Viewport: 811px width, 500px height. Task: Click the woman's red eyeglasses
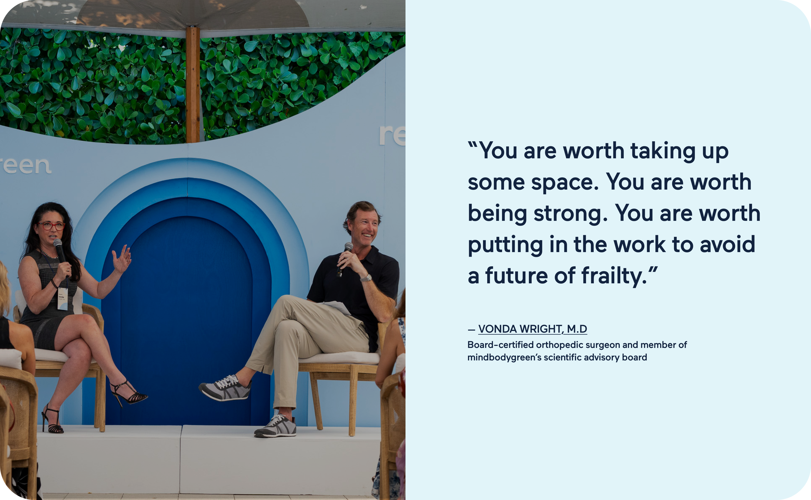(51, 226)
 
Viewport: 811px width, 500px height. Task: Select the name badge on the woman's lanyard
(62, 299)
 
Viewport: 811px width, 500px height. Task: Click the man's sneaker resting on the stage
(275, 427)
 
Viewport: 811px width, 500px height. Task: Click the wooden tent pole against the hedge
(193, 85)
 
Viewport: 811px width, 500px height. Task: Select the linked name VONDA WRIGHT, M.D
(533, 329)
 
